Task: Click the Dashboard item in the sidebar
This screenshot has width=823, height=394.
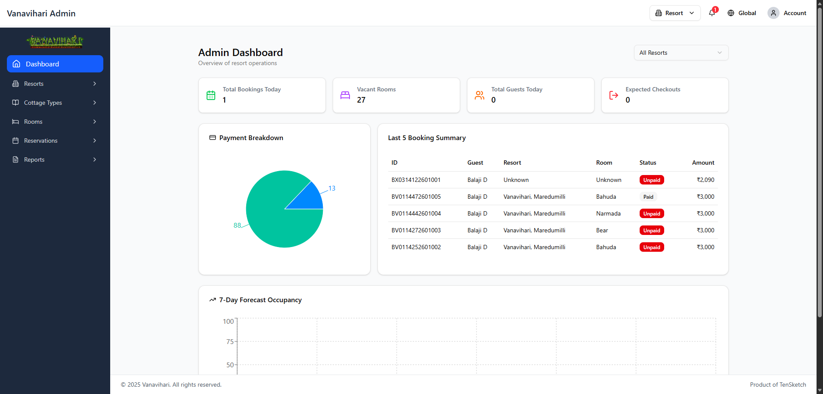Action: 55,64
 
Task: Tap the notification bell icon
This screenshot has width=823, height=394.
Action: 712,13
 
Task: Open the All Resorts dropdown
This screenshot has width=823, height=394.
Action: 681,53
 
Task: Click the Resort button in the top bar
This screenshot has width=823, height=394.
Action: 675,13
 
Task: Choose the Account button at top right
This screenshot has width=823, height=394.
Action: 787,13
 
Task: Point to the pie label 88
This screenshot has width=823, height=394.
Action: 237,225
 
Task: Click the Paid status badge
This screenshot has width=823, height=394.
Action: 648,197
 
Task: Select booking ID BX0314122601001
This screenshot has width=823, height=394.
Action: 416,180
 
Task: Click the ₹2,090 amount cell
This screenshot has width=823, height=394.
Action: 705,180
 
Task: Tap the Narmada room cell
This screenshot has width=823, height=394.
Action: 608,213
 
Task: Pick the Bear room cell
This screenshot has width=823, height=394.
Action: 602,230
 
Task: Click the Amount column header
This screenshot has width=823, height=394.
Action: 703,163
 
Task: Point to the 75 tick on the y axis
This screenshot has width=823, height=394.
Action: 230,342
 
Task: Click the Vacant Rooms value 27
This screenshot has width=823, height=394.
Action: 361,100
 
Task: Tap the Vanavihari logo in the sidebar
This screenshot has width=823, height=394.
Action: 55,41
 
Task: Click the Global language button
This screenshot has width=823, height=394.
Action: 742,13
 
